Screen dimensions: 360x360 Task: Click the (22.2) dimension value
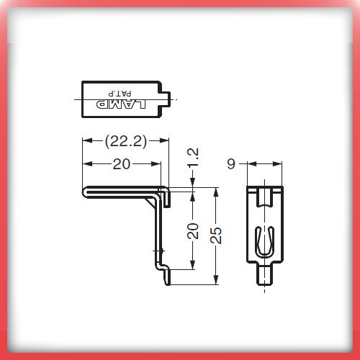(x=126, y=141)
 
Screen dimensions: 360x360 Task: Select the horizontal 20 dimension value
(x=122, y=164)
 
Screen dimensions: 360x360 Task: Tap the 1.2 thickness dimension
(x=193, y=157)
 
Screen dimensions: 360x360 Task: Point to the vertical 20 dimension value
(x=193, y=231)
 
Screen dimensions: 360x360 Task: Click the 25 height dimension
(x=216, y=235)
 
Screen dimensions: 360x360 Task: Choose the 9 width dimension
(x=231, y=164)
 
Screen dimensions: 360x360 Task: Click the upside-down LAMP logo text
(x=121, y=104)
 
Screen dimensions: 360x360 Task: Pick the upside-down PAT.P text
(x=120, y=94)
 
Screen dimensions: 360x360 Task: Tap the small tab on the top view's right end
(x=166, y=99)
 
